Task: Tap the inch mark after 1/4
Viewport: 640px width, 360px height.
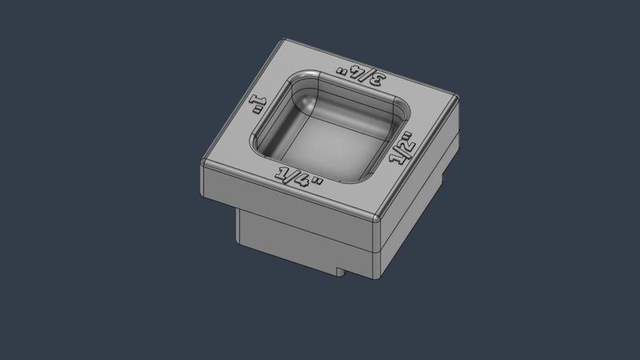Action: pyautogui.click(x=318, y=183)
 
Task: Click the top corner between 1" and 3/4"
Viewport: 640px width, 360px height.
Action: pyautogui.click(x=285, y=41)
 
